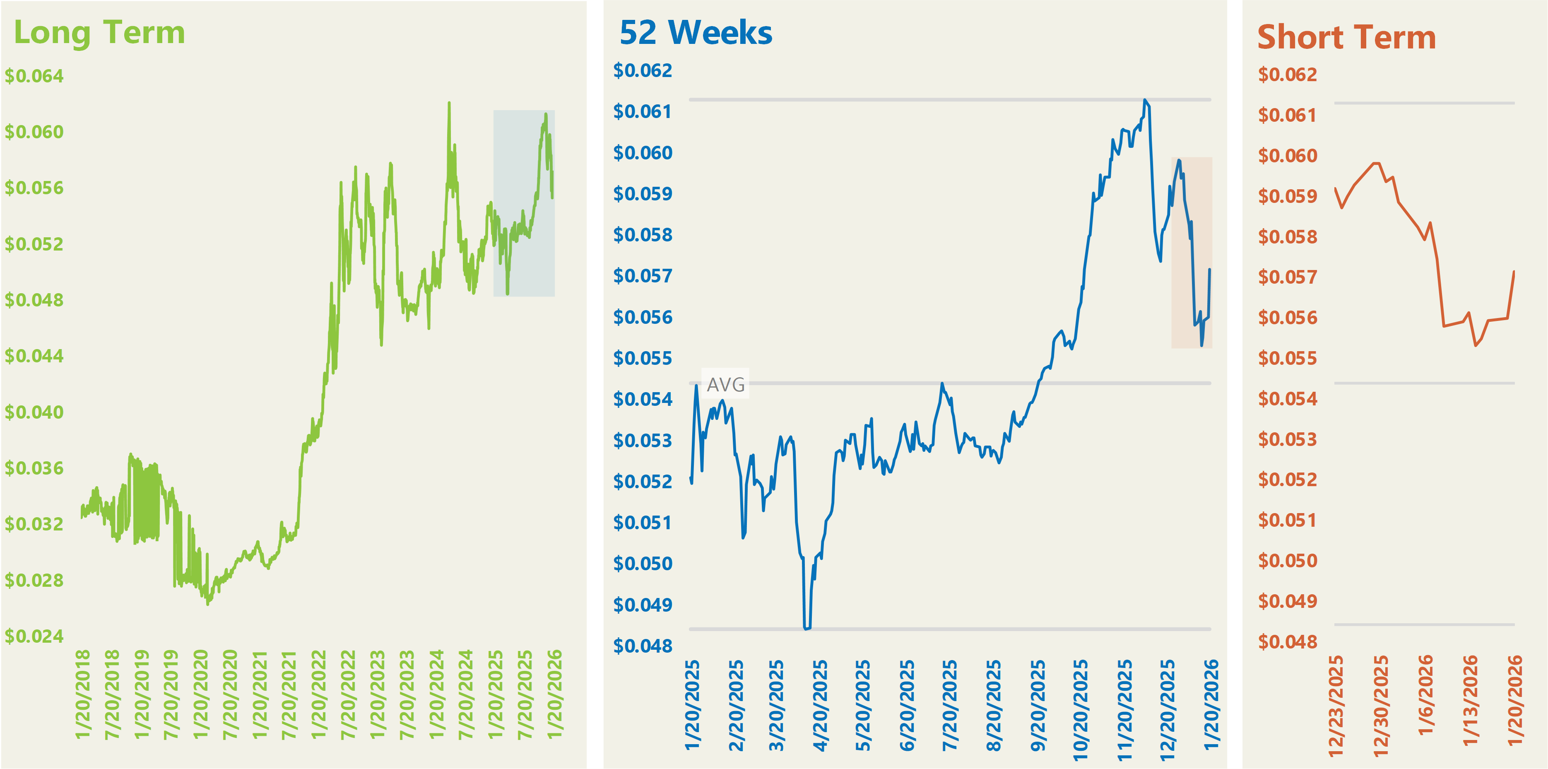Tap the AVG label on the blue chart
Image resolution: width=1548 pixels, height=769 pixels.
[725, 384]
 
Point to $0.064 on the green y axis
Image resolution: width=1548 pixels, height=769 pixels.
[34, 76]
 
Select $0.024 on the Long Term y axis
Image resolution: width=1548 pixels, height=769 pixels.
[34, 636]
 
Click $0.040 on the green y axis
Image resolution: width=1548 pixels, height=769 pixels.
[34, 412]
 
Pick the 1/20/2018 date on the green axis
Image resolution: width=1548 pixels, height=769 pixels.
[83, 694]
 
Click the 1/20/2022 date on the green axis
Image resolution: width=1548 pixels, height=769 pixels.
[318, 694]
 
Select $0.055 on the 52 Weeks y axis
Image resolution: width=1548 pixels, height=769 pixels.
[643, 358]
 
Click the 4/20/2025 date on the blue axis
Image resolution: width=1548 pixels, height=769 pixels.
[820, 705]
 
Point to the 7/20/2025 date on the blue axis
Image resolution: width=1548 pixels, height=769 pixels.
[949, 705]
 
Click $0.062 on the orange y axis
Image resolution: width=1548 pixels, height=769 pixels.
[1287, 75]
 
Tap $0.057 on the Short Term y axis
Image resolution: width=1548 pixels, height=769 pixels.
[1287, 277]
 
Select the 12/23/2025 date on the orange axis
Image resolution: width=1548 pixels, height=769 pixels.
[1335, 706]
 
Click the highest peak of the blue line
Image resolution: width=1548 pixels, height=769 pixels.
[1145, 100]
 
